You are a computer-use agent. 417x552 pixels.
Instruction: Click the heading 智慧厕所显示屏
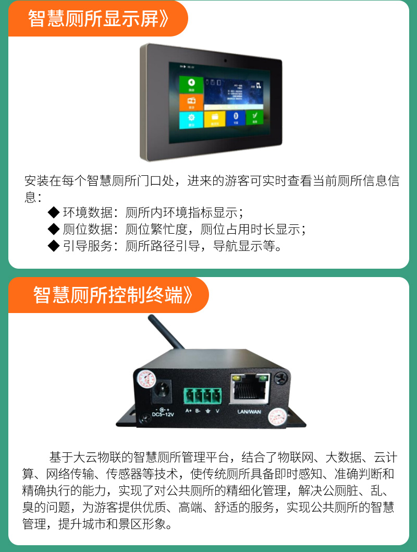[x=98, y=18]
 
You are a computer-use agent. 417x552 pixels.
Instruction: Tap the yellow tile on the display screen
[x=214, y=119]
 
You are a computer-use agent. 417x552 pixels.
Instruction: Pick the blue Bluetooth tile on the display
[x=235, y=118]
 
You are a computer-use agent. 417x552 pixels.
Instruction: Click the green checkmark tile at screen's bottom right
[x=255, y=118]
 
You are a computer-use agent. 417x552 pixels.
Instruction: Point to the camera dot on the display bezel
[x=225, y=59]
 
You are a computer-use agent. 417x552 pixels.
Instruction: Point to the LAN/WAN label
[x=249, y=412]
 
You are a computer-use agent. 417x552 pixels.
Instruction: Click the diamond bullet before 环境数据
[x=54, y=212]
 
